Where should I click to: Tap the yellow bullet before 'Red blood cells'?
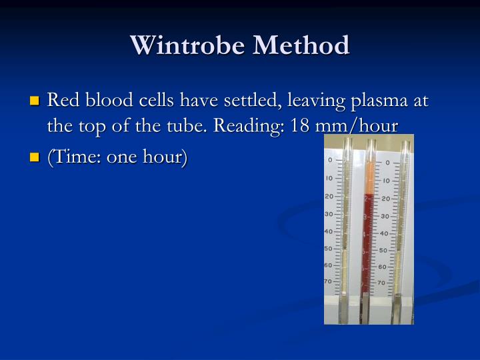pos(35,102)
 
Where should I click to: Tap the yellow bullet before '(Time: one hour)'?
pos(35,159)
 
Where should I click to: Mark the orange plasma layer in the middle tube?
pos(369,179)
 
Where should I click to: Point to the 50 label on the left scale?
pos(329,248)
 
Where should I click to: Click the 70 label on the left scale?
pos(329,282)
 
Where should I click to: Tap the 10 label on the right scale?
pos(385,181)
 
